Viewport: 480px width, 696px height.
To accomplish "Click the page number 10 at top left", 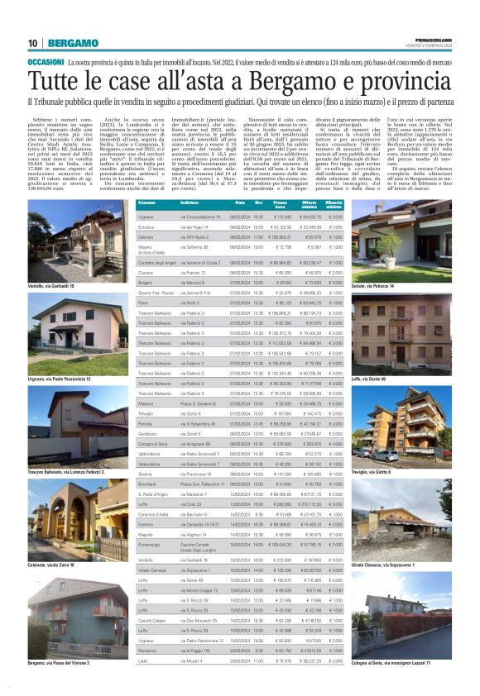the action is (x=32, y=43).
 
